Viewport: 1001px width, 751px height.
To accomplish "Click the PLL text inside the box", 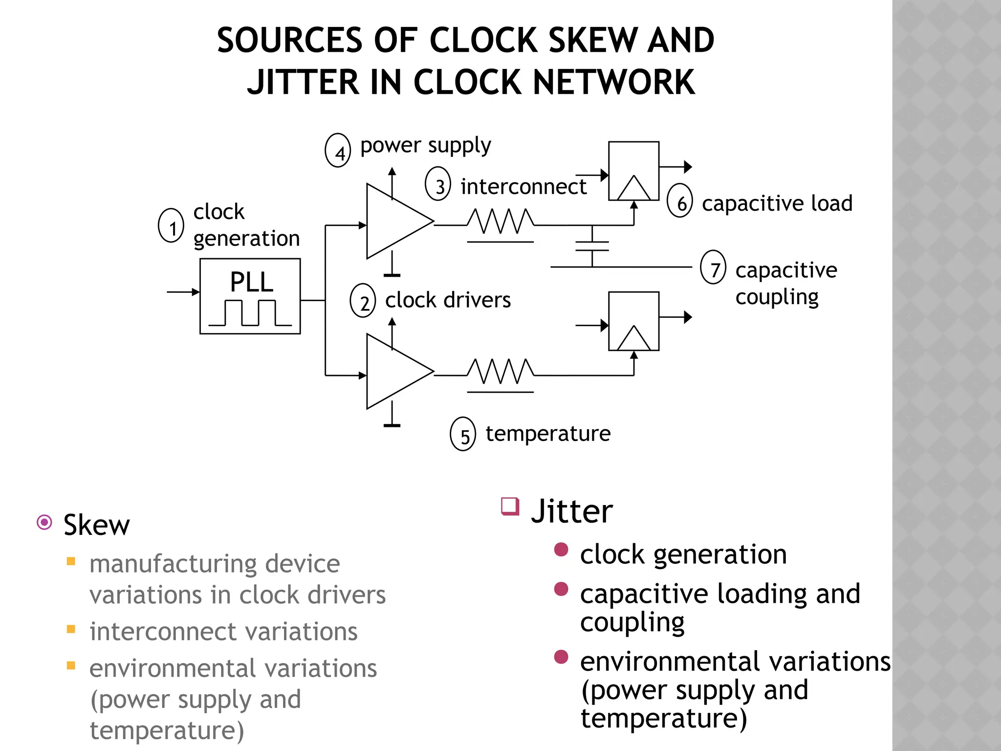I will [x=251, y=282].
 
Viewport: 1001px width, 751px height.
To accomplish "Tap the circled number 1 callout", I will [x=171, y=225].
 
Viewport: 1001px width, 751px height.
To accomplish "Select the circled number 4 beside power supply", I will [x=338, y=151].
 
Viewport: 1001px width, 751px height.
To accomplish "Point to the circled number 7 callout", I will [x=713, y=267].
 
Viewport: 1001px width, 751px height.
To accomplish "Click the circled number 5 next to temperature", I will [x=463, y=434].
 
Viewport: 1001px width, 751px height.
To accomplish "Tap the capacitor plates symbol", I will [x=592, y=246].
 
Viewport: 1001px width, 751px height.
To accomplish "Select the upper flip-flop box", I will [x=633, y=171].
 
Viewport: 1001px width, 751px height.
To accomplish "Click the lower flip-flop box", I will [x=633, y=321].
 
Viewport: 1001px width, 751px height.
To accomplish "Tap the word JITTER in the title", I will [x=303, y=82].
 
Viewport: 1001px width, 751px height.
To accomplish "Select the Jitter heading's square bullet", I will [x=510, y=506].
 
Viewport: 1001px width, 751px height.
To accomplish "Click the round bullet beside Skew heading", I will [x=44, y=523].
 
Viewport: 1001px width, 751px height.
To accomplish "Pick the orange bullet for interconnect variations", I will [x=71, y=629].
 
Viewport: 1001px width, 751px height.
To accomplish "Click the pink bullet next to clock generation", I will [x=561, y=550].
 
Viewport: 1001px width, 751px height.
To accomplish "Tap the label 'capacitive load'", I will [x=777, y=203].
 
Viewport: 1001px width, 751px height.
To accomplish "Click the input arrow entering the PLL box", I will [x=183, y=292].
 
